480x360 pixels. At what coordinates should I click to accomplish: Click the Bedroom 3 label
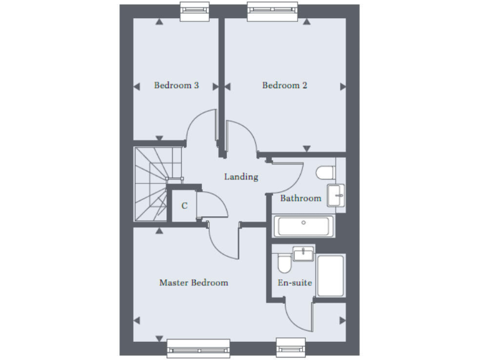[176, 86]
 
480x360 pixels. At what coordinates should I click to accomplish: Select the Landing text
[241, 177]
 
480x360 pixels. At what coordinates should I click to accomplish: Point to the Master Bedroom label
[194, 282]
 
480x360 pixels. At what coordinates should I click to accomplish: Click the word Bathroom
[301, 198]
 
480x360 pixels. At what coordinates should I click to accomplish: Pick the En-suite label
[295, 282]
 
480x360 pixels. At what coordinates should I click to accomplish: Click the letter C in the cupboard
[184, 205]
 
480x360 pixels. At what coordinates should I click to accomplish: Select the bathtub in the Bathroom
[304, 226]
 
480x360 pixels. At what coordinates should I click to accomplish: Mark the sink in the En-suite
[303, 253]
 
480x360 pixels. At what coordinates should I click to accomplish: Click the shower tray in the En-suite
[330, 275]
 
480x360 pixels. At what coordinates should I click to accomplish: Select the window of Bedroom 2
[272, 9]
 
